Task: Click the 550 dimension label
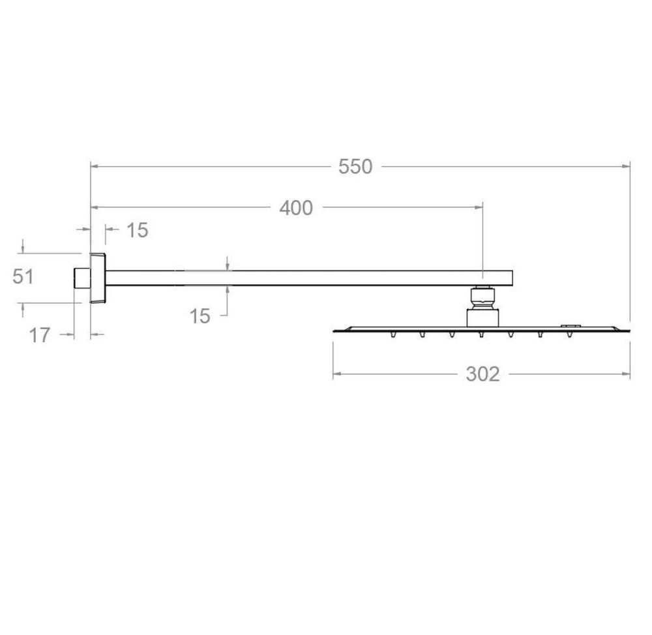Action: point(355,167)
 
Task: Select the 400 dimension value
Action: point(296,208)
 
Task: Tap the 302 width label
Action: point(482,374)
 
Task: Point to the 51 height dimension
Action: point(23,276)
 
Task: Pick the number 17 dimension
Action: point(40,335)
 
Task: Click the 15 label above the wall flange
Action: point(137,230)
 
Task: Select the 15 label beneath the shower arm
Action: point(200,316)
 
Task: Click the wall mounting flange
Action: point(98,278)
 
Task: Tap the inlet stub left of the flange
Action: point(82,278)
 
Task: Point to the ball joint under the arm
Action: point(482,297)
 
